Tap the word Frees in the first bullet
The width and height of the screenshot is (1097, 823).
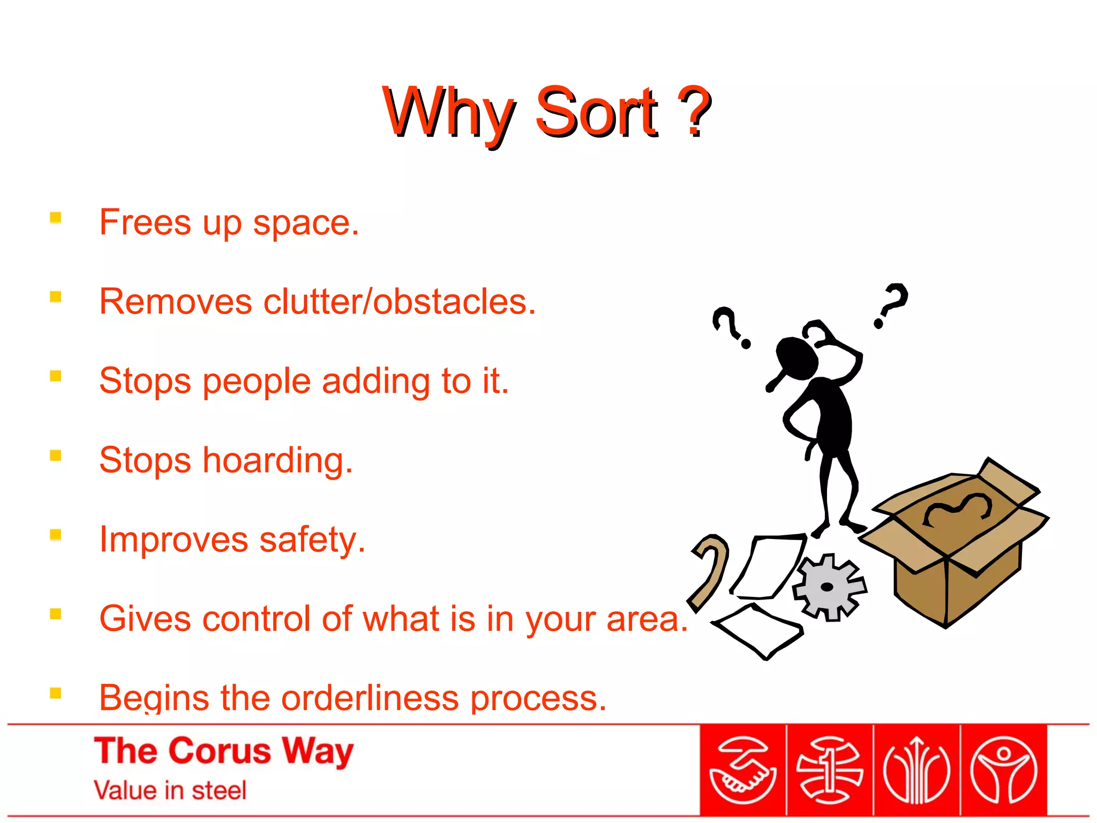coord(145,222)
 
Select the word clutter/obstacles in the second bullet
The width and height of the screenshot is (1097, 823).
coord(399,302)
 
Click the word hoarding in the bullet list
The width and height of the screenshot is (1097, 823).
coord(277,461)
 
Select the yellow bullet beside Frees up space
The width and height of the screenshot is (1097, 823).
coord(56,218)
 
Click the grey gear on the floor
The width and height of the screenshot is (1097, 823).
coord(828,587)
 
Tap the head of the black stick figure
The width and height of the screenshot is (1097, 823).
coord(797,358)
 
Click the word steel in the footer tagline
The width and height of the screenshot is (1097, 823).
coord(219,791)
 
